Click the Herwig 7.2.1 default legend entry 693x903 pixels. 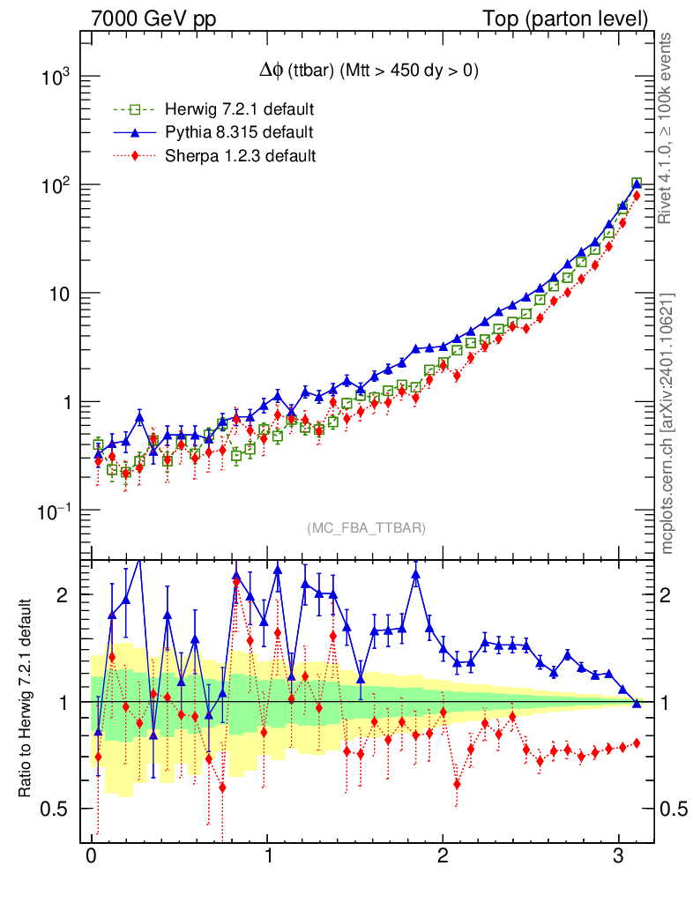[238, 110]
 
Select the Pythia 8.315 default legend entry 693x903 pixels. [238, 133]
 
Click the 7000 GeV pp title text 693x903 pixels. [153, 19]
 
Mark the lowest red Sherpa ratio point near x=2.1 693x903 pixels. [457, 783]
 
